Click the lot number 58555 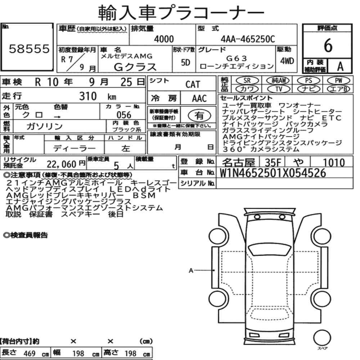(29, 49)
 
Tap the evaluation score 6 (328, 45)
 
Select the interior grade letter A (340, 66)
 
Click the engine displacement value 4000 (164, 39)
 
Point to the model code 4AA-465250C (248, 39)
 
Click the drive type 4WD (287, 61)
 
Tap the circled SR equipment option (247, 81)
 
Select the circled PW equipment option (338, 81)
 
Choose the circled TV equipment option (279, 89)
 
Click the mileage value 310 (88, 96)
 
